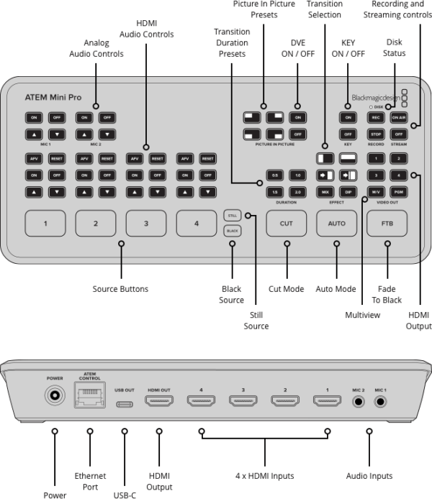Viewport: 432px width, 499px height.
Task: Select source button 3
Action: [x=146, y=224]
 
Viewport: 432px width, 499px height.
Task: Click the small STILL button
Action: [x=232, y=215]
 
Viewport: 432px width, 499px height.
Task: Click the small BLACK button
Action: [x=232, y=231]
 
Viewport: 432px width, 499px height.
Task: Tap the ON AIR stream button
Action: [x=398, y=117]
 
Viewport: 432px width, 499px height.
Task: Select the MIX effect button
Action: [x=325, y=192]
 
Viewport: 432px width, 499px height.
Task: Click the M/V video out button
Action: [x=375, y=192]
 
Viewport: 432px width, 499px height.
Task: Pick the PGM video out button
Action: [x=398, y=192]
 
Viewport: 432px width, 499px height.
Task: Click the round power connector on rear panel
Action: [x=53, y=395]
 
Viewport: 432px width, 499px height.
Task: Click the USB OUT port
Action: [x=125, y=403]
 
